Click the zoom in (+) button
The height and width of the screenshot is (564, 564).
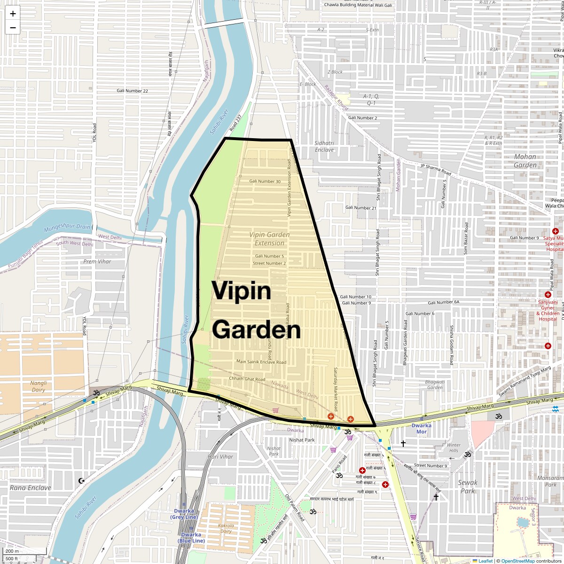(13, 14)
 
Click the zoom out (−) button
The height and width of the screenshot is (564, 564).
(13, 27)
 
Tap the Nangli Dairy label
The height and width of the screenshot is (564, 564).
(39, 386)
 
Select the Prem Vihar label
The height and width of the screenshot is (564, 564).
(97, 261)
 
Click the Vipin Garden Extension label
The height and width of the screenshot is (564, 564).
(269, 239)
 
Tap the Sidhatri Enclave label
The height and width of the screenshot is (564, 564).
(324, 146)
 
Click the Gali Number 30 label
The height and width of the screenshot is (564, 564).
(265, 181)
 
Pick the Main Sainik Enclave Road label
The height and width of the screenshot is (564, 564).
(261, 362)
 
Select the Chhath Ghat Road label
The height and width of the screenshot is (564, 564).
(247, 379)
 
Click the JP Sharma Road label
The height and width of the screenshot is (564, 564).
(435, 170)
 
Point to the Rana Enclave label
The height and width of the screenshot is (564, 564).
(31, 487)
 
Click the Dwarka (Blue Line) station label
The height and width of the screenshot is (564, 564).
(191, 538)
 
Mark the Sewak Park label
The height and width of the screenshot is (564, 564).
(467, 486)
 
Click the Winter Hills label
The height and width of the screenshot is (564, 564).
(454, 448)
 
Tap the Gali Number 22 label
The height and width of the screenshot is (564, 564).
(133, 91)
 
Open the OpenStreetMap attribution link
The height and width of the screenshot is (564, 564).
(517, 561)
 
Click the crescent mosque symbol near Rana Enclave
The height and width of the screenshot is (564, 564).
(82, 480)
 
